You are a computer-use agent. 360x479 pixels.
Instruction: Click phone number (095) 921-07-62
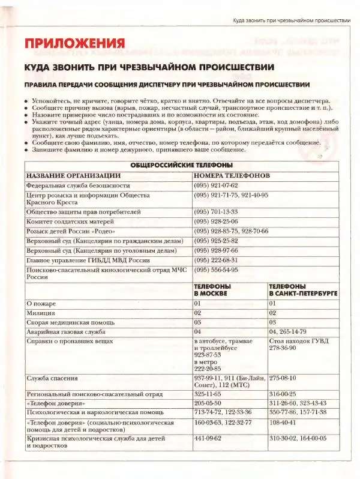[x=215, y=185]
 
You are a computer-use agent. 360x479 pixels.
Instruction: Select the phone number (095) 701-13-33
[x=215, y=212]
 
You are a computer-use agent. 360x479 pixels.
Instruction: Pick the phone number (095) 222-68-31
[x=215, y=260]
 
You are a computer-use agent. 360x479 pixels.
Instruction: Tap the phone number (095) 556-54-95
[x=215, y=270]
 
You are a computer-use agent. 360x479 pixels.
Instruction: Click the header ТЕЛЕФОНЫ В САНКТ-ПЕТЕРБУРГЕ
[x=302, y=291]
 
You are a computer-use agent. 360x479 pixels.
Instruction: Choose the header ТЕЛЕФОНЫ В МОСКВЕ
[x=213, y=291]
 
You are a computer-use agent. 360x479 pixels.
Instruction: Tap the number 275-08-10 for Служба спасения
[x=284, y=379]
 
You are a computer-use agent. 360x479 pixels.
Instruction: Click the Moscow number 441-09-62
[x=208, y=438]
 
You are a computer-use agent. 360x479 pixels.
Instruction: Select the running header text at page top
[x=292, y=20]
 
